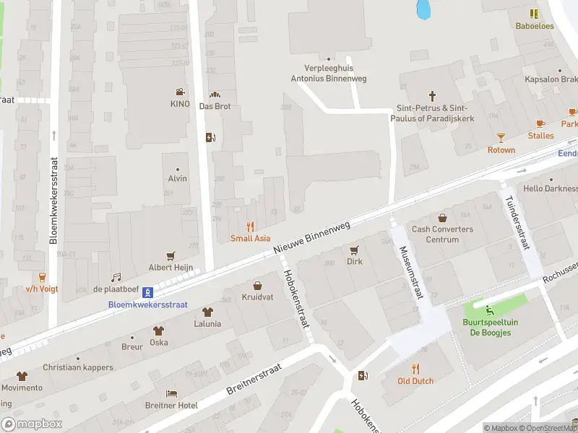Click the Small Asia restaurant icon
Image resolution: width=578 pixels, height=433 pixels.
pos(251,226)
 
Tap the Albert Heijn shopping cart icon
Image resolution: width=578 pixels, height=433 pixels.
pos(171,255)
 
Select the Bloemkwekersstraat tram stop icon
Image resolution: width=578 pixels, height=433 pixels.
pos(147,292)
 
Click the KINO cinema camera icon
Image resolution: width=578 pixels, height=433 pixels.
pos(178,92)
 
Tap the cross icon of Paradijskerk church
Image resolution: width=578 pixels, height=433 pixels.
pos(433,95)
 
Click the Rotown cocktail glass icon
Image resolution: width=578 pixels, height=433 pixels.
pos(501,137)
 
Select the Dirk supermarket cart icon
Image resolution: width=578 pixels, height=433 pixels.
pos(354,250)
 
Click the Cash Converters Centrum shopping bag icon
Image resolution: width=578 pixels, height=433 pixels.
pos(442,217)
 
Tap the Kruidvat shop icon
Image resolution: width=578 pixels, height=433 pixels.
pos(256,285)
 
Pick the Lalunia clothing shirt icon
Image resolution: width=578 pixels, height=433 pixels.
pos(207,312)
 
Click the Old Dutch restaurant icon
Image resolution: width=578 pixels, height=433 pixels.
pos(415,368)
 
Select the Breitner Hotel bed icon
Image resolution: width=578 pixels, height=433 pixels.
pos(171,393)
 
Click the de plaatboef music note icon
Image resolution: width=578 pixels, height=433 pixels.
pos(116,277)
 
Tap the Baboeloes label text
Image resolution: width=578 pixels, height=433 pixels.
pos(535,26)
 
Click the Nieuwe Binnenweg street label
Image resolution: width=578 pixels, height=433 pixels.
pos(312,237)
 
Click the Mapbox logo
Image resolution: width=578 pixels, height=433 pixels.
pos(31,424)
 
